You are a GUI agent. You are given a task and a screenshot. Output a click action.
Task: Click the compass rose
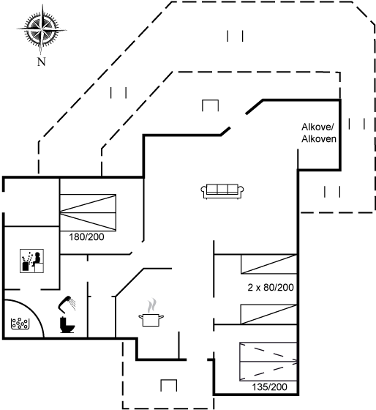coord(41,29)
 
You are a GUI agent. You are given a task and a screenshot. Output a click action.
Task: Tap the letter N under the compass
coord(41,61)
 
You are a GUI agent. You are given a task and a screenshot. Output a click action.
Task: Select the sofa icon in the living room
coord(222,191)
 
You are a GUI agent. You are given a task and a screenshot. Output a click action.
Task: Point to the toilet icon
coord(67,325)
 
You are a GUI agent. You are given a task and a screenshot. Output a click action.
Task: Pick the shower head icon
coord(67,304)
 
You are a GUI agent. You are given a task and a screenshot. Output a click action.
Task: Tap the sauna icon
coord(31,261)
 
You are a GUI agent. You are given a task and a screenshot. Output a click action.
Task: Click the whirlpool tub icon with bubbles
coord(20,324)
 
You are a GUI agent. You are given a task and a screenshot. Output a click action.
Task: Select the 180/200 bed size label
coord(86,237)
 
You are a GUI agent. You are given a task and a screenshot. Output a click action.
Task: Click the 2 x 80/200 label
coord(271,287)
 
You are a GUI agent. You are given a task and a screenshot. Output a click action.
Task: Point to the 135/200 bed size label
coord(269,387)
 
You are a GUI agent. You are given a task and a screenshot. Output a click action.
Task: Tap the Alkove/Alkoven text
coord(319,133)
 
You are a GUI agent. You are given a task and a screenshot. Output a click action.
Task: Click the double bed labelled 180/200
coord(88,212)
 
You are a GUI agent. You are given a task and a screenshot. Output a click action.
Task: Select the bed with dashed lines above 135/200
coord(268,362)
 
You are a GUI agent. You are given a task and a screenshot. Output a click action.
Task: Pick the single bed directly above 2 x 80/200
coord(269,264)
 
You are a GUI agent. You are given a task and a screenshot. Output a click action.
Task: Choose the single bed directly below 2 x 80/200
coord(269,314)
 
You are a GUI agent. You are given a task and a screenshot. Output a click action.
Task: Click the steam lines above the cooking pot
coord(151,306)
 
